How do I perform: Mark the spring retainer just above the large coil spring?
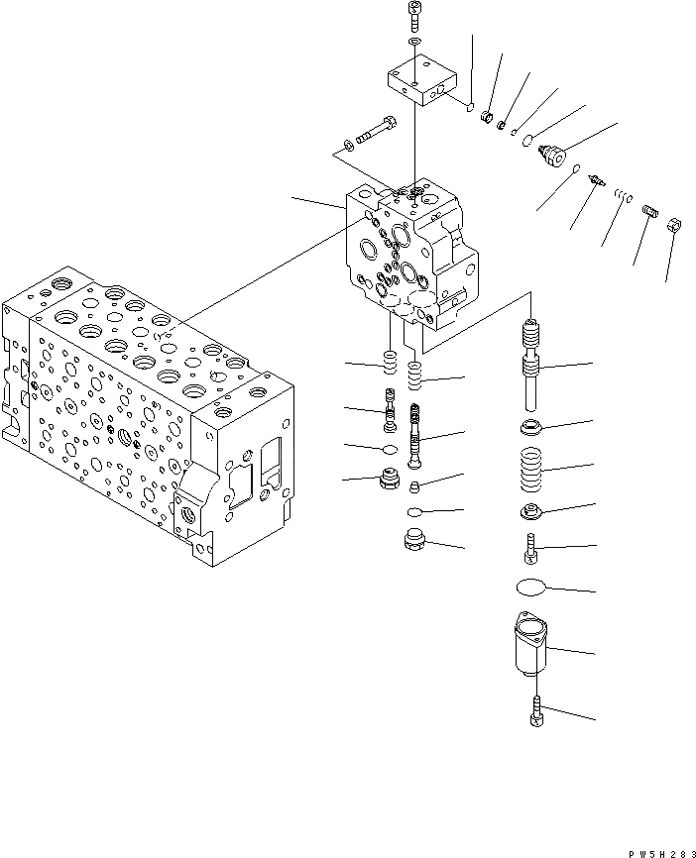point(533,428)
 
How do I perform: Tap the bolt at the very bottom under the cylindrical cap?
point(536,709)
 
